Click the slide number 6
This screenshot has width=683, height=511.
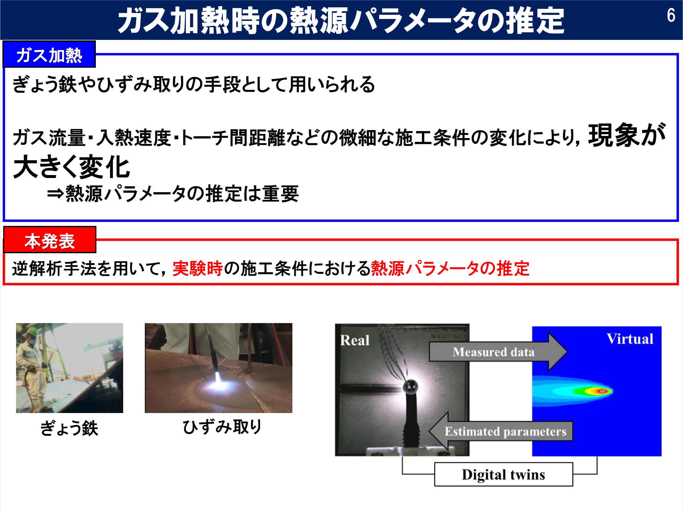[x=671, y=15]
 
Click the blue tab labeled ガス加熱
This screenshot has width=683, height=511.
[x=49, y=54]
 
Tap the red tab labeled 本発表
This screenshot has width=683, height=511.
[x=50, y=240]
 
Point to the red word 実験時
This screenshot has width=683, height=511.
[x=198, y=268]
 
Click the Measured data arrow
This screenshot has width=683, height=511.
[x=498, y=351]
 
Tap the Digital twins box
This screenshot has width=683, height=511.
[x=504, y=474]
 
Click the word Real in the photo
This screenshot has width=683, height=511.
[x=354, y=340]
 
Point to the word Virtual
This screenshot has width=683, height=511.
[x=630, y=339]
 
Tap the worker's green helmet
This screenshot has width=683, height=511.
[x=32, y=331]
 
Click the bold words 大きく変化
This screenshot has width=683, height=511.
[x=72, y=167]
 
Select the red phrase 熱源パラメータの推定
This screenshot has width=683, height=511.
[x=450, y=268]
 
